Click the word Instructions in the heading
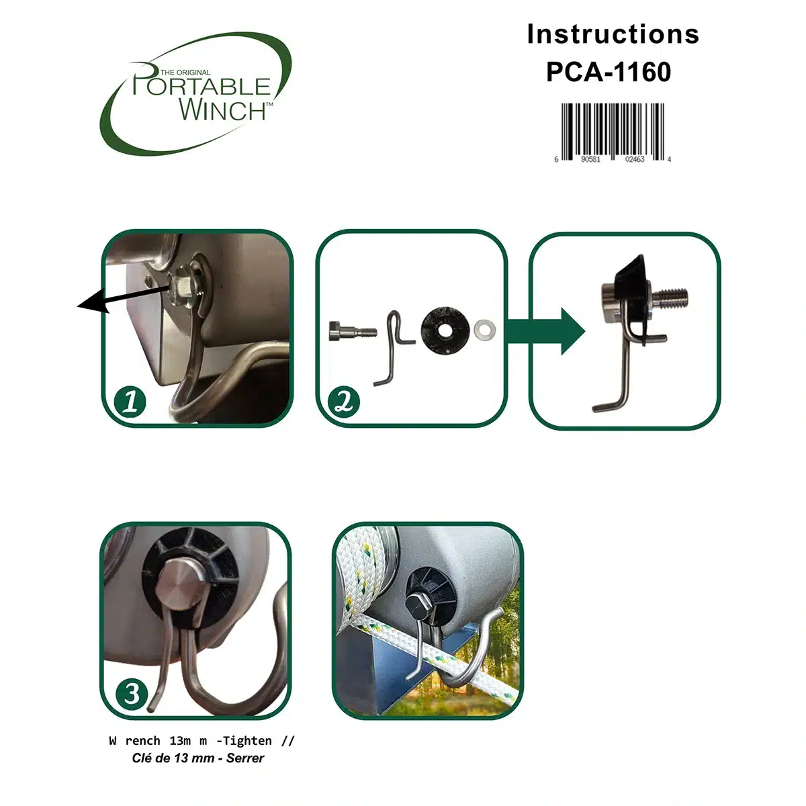[613, 34]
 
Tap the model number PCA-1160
[609, 72]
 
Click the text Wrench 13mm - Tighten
[201, 741]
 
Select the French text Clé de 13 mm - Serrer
[198, 758]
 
